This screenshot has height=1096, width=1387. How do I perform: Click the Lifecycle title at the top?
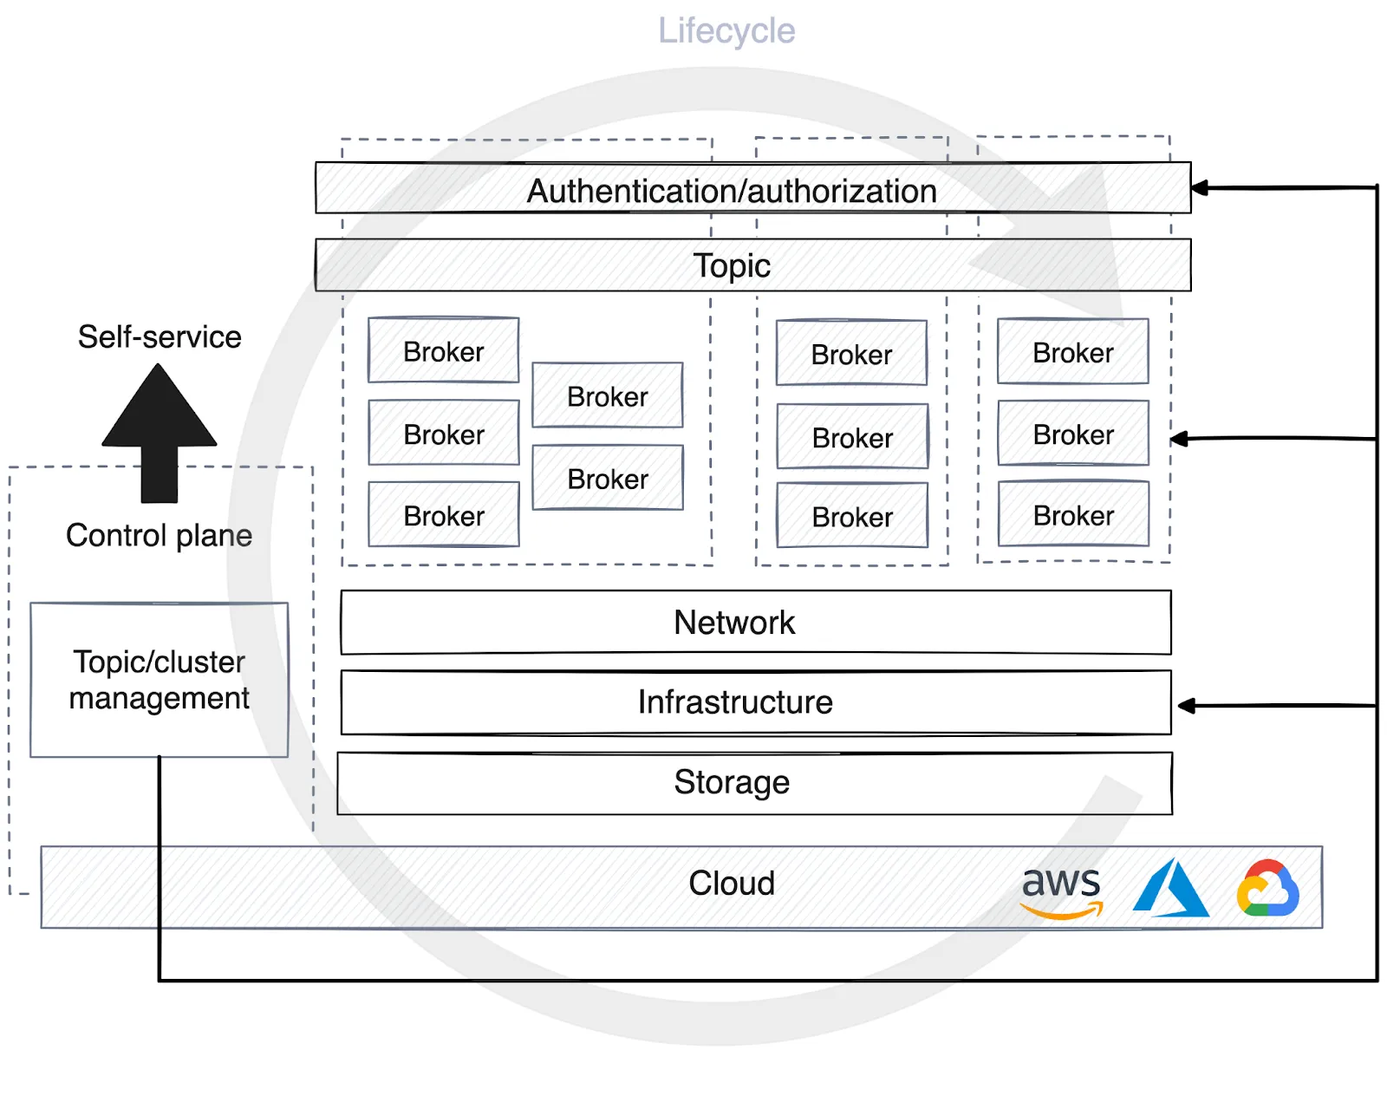click(x=726, y=31)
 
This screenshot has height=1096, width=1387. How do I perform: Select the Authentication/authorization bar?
click(x=732, y=190)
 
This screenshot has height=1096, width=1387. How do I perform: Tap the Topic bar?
click(x=732, y=265)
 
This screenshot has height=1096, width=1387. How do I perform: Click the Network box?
click(x=734, y=623)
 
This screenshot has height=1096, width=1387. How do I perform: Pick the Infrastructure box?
click(x=734, y=702)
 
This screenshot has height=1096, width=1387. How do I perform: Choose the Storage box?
click(x=732, y=782)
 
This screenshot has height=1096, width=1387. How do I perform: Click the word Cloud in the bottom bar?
click(x=731, y=884)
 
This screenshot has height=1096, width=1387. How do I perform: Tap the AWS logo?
click(x=1061, y=890)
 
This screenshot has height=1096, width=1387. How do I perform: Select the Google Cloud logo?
click(x=1267, y=888)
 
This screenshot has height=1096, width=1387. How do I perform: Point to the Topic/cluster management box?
click(x=160, y=680)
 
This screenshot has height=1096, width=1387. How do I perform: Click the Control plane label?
click(x=159, y=536)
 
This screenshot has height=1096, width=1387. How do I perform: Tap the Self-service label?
click(x=160, y=336)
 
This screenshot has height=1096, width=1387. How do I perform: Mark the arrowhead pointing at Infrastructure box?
click(x=1187, y=706)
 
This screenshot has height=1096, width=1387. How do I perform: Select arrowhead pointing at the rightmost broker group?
click(x=1180, y=439)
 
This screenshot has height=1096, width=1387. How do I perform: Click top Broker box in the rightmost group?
click(x=1072, y=353)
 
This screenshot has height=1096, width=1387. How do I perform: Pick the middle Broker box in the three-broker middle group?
click(x=852, y=438)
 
